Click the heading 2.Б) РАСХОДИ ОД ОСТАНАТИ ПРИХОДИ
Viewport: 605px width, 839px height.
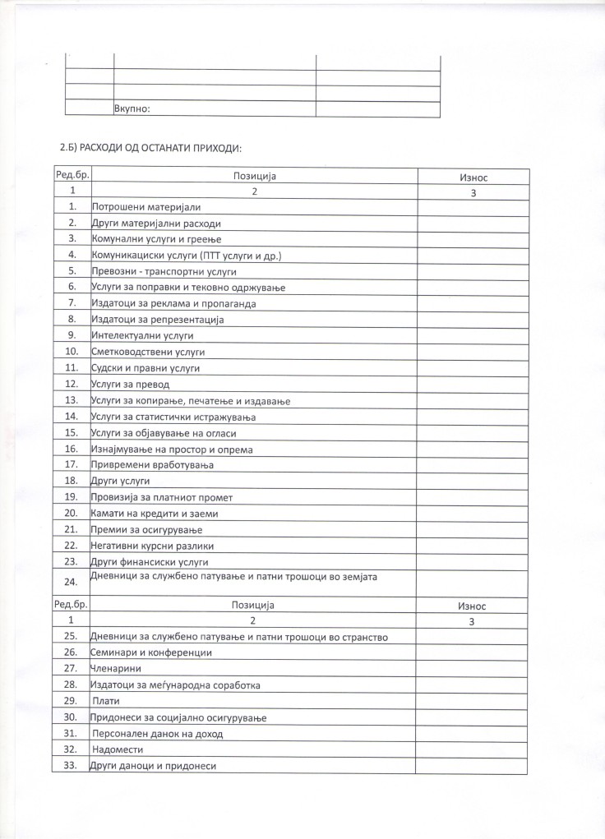click(x=150, y=148)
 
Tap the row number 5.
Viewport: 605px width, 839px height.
click(x=72, y=271)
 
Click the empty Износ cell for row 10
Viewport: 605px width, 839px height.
click(x=473, y=352)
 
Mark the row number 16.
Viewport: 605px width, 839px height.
click(x=72, y=449)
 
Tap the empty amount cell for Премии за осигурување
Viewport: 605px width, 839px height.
click(x=473, y=529)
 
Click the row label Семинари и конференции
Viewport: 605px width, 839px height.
click(x=151, y=652)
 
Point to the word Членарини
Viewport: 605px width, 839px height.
click(x=116, y=669)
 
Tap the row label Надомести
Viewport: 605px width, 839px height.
click(x=118, y=750)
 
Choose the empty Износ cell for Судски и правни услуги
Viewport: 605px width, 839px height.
click(x=473, y=368)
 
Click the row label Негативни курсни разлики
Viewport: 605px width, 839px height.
click(x=152, y=546)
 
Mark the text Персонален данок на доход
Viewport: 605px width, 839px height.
click(x=158, y=734)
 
